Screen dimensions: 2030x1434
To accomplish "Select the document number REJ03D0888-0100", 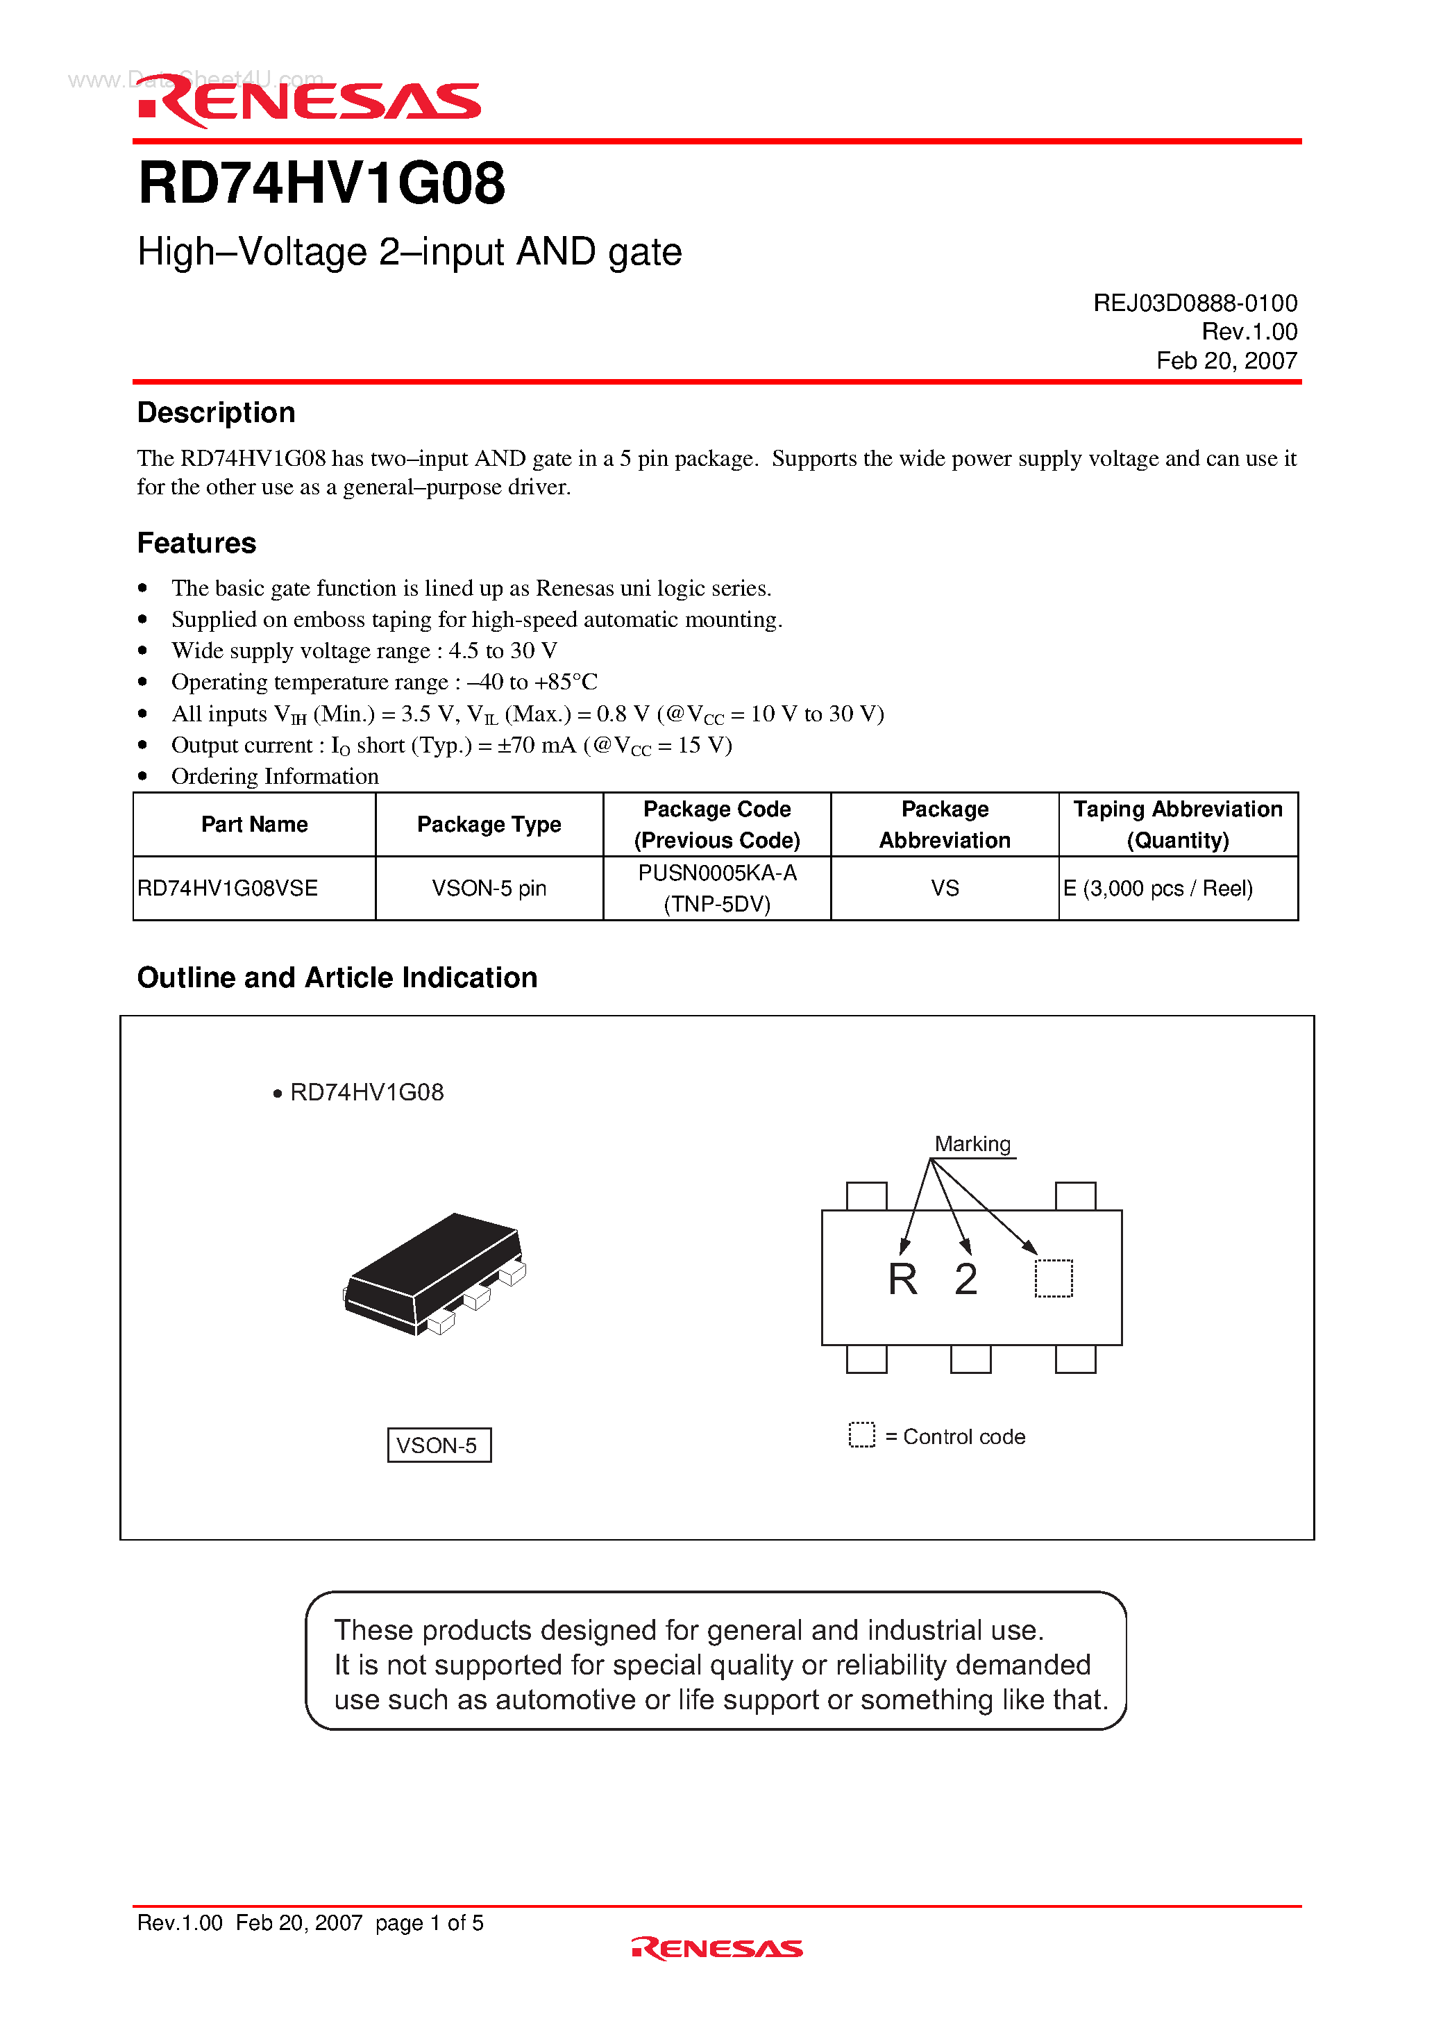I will (x=1195, y=303).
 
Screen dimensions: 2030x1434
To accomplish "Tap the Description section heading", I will (x=216, y=413).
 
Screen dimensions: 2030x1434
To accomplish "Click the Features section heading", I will (x=196, y=543).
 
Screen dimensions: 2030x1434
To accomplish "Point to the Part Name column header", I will (x=255, y=824).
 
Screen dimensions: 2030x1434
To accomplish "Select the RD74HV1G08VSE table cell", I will (x=228, y=888).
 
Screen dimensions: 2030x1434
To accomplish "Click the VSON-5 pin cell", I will (x=489, y=888).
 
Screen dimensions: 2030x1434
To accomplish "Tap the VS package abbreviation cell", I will (x=944, y=888).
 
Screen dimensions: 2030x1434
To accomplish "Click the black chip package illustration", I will (x=433, y=1273).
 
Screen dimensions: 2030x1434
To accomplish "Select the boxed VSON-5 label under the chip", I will (x=439, y=1445).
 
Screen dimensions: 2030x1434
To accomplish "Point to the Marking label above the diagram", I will (x=972, y=1144).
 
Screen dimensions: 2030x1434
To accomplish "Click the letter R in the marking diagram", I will (x=902, y=1280).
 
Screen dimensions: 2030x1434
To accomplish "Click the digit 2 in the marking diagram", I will (x=965, y=1280).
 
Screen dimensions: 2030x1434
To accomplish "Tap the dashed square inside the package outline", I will (x=1053, y=1279).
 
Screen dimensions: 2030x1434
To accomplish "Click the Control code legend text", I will (x=963, y=1436).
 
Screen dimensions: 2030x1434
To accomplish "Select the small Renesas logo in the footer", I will (x=717, y=1949).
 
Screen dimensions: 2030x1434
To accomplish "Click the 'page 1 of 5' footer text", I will (x=429, y=1923).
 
